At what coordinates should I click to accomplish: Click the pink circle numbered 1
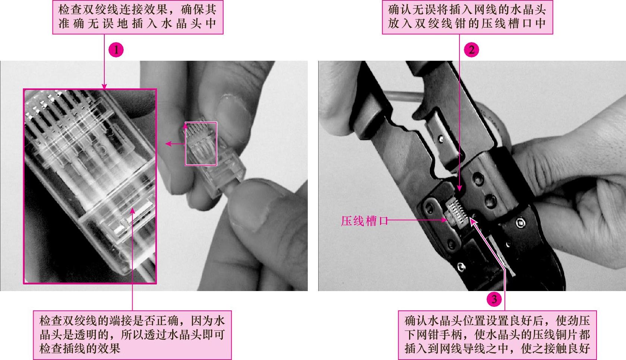116,50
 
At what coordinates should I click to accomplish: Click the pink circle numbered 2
471,50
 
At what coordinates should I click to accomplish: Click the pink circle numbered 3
494,299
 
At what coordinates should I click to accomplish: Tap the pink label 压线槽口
364,221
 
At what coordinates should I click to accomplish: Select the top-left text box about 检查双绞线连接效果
138,17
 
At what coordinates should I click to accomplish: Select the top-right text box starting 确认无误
467,17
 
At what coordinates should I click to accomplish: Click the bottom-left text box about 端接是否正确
132,335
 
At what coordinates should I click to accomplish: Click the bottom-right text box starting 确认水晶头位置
497,335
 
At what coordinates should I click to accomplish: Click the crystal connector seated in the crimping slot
456,214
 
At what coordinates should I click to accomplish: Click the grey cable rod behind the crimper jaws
402,96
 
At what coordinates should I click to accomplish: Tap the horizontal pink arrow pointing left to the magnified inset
175,144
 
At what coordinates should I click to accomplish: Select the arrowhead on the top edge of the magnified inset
104,86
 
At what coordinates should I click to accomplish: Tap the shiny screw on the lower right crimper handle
520,223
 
